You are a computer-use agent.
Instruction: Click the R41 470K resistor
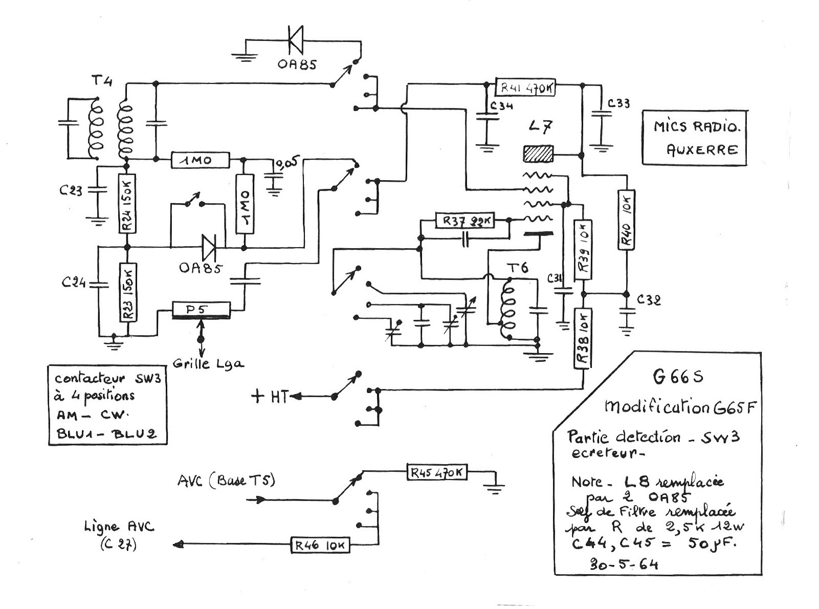pyautogui.click(x=526, y=87)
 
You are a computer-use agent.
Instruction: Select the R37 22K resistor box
pyautogui.click(x=465, y=221)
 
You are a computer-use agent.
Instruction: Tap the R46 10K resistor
pyautogui.click(x=320, y=545)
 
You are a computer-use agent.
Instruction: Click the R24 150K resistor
pyautogui.click(x=127, y=204)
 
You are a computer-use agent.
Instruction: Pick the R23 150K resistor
pyautogui.click(x=128, y=292)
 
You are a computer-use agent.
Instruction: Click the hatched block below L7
pyautogui.click(x=538, y=154)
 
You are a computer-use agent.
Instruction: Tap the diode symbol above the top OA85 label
pyautogui.click(x=296, y=39)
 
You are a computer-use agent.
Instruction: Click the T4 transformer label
pyautogui.click(x=102, y=81)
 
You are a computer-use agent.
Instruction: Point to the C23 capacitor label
pyautogui.click(x=71, y=191)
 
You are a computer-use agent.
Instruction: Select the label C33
pyautogui.click(x=618, y=103)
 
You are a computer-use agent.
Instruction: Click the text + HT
pyautogui.click(x=270, y=396)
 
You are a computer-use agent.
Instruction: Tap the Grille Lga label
pyautogui.click(x=208, y=364)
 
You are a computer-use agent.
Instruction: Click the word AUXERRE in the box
pyautogui.click(x=702, y=149)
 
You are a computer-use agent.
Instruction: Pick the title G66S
pyautogui.click(x=678, y=377)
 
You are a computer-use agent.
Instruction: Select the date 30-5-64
pyautogui.click(x=624, y=564)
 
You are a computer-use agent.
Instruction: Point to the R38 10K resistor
pyautogui.click(x=583, y=338)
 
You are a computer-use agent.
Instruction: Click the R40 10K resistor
pyautogui.click(x=626, y=220)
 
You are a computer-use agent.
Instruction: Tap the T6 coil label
pyautogui.click(x=517, y=268)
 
